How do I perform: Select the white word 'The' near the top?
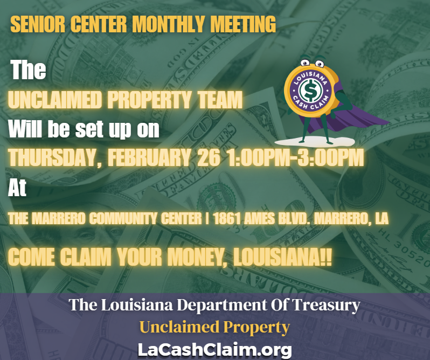coord(29,70)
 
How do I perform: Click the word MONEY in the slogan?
coord(195,257)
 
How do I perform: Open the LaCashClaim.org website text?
coord(214,349)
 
